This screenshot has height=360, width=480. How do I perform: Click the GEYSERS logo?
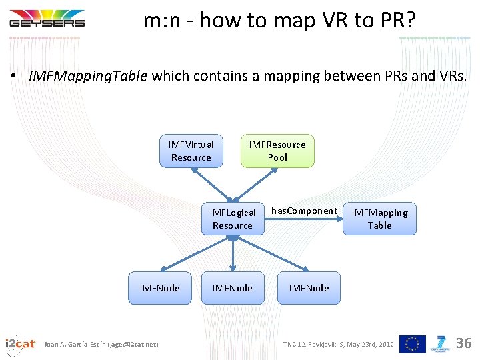click(x=47, y=18)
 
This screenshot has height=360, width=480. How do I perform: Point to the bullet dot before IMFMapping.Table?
click(x=13, y=76)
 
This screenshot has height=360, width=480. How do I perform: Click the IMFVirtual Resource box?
click(x=191, y=151)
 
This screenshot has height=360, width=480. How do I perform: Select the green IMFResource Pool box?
click(x=277, y=151)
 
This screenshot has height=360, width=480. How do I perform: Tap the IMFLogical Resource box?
click(x=233, y=219)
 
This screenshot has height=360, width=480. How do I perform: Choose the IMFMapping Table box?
click(x=379, y=219)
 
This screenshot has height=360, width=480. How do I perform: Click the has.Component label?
click(x=304, y=211)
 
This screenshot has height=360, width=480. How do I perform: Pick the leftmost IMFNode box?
click(x=159, y=288)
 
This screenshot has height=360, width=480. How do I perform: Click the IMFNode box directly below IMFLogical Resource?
click(x=233, y=288)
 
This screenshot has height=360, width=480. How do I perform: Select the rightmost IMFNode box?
click(x=309, y=288)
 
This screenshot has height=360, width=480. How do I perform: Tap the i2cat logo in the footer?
click(x=20, y=344)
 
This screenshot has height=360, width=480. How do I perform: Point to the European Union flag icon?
click(x=412, y=344)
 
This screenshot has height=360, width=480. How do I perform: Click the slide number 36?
click(x=463, y=343)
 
